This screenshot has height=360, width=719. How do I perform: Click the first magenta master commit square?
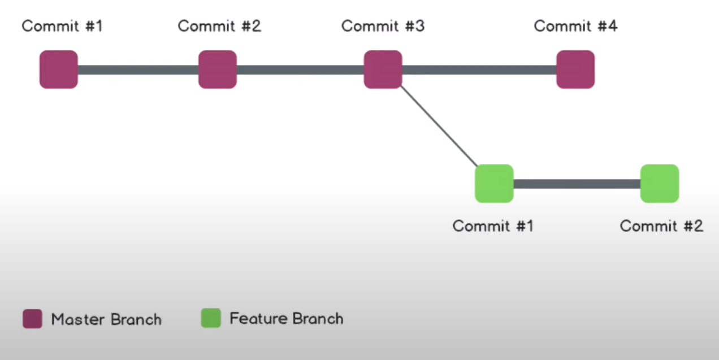(59, 70)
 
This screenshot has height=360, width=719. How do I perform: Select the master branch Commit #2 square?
(218, 70)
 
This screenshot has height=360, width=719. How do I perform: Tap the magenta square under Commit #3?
(383, 70)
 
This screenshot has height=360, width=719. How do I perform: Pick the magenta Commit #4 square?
(575, 70)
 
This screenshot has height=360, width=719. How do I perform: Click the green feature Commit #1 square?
(494, 184)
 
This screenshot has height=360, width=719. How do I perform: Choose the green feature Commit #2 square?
(660, 184)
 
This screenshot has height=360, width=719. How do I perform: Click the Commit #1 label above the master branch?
(62, 26)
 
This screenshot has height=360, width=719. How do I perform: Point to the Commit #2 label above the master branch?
(219, 26)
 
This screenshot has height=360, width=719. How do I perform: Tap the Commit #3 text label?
(383, 26)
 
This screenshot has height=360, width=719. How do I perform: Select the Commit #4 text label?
(575, 26)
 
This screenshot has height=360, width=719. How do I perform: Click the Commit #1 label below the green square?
(493, 226)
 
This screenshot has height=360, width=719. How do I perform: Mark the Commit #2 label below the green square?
(661, 226)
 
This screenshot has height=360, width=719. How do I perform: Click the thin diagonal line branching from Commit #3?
(439, 126)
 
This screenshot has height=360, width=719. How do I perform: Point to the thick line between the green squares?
(577, 184)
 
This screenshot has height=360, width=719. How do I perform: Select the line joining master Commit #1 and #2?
(138, 70)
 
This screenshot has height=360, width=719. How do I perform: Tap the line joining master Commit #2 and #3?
(300, 70)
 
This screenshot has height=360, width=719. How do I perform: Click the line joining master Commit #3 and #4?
(479, 70)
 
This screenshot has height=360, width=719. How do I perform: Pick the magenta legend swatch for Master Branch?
(32, 319)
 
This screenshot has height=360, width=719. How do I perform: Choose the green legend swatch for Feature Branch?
(211, 318)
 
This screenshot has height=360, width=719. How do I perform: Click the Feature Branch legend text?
(287, 319)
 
